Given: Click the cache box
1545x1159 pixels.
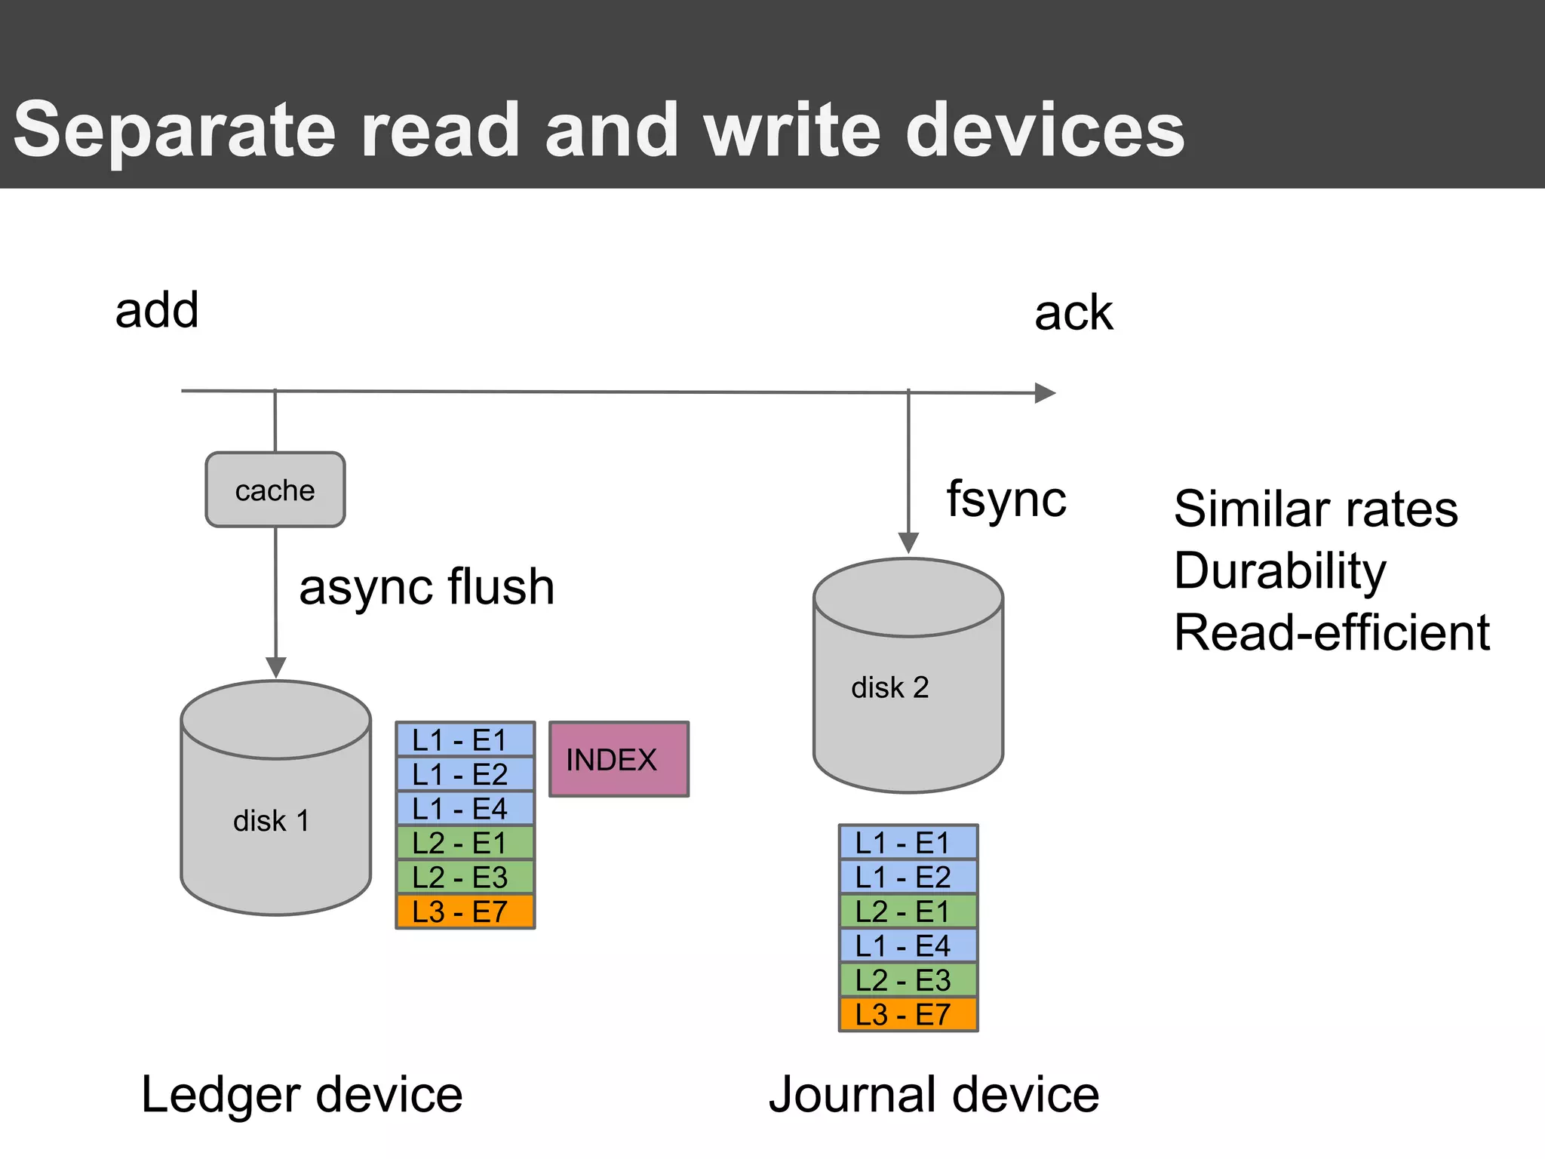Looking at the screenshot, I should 275,490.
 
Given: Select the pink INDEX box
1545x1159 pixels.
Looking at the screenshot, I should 619,759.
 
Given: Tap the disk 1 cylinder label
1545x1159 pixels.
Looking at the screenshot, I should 271,821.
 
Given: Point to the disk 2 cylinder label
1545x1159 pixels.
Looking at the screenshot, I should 889,687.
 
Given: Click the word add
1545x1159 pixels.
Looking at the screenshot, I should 157,310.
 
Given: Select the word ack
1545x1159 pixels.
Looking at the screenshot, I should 1073,313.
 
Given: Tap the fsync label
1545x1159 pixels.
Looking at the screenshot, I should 1006,500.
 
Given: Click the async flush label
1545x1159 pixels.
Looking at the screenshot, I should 426,587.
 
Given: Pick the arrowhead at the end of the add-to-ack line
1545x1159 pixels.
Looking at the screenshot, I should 1045,393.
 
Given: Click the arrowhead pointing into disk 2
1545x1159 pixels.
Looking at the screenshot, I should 908,543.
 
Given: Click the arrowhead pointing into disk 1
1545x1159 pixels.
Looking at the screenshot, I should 276,667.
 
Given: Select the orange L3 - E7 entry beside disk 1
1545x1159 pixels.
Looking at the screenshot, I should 465,912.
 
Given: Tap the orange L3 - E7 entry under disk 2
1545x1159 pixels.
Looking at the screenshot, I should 908,1014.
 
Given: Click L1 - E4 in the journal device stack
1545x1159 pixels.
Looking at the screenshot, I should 908,945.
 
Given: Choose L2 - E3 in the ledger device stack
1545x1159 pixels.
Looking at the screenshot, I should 465,877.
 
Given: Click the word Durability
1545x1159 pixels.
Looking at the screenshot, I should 1279,570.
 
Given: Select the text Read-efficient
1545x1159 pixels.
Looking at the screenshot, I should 1332,632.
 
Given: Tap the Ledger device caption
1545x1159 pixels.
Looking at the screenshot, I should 302,1095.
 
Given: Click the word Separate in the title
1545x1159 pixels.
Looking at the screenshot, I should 174,130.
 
